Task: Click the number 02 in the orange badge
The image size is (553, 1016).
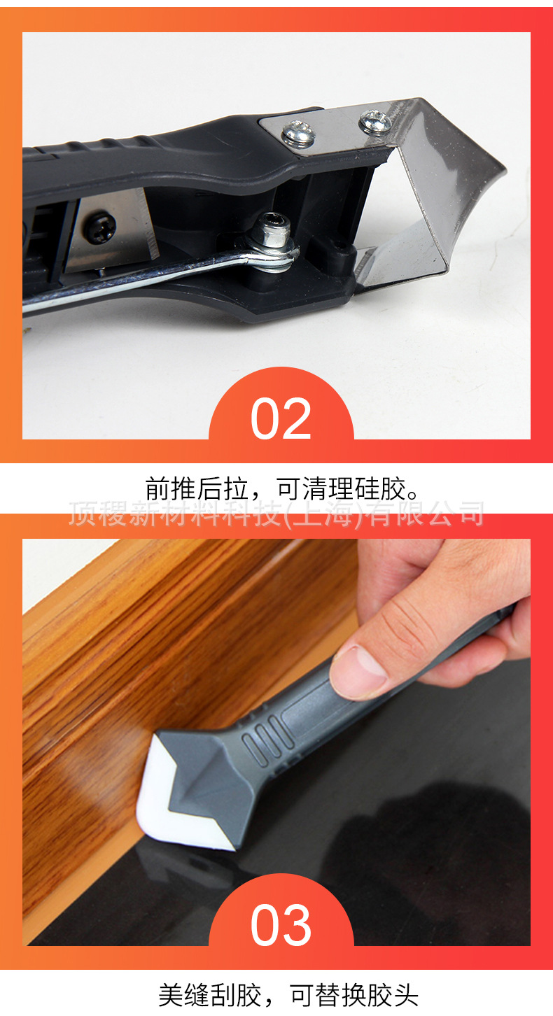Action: pos(281,418)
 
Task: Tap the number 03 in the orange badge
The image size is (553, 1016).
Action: pos(281,924)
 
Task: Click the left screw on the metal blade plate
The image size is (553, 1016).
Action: pos(298,132)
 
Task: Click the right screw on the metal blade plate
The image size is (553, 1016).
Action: pos(375,120)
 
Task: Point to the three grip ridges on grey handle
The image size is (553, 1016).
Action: pos(262,742)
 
